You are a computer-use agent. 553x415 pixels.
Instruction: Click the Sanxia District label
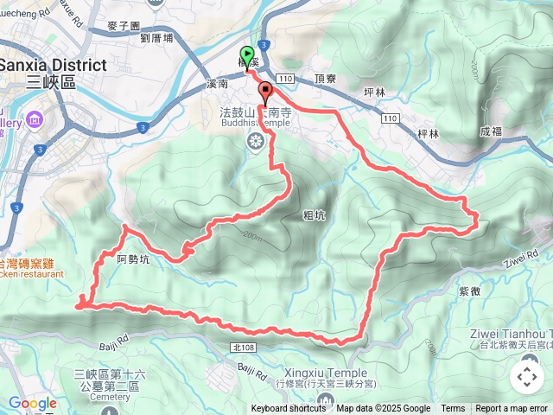tap(53, 66)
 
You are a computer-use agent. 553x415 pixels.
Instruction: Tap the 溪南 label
tap(218, 85)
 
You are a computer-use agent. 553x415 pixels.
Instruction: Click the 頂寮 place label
tap(325, 78)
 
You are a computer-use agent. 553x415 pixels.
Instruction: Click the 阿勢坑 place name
tap(132, 257)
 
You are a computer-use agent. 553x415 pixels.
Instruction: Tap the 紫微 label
tap(495, 292)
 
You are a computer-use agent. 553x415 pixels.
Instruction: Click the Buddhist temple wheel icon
tap(255, 141)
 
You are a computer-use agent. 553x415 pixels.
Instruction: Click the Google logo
tap(33, 404)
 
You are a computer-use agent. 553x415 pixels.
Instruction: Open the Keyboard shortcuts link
tap(289, 409)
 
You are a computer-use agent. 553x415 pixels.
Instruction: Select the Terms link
tap(453, 409)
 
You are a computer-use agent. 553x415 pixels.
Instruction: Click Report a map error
tap(512, 409)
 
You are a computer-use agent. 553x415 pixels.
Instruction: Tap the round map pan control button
tap(526, 376)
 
